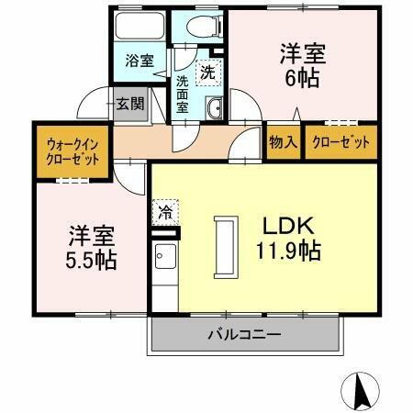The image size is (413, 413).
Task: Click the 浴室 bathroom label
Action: [140, 61]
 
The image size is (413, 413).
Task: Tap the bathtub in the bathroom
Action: [140, 27]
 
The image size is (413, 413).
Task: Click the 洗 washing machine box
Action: [208, 69]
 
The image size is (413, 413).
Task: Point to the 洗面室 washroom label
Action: [184, 93]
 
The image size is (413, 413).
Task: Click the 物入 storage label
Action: [282, 142]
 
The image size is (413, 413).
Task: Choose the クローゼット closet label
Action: [340, 142]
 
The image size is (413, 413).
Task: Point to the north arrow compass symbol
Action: [362, 392]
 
